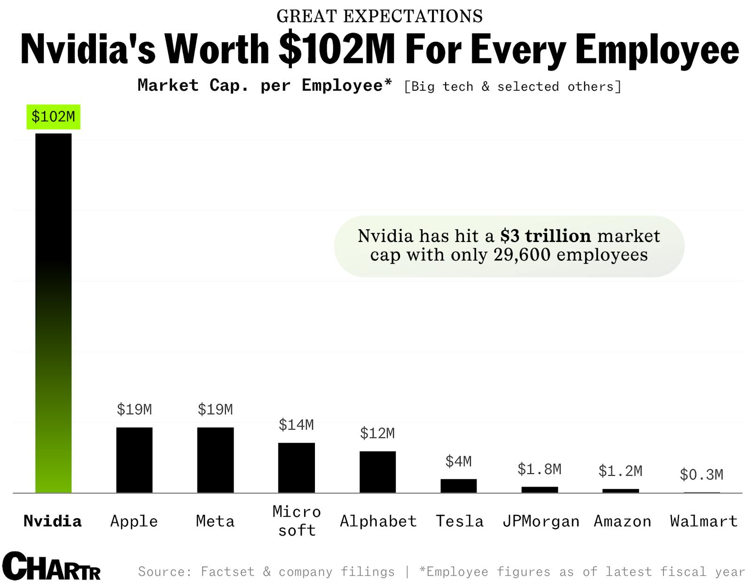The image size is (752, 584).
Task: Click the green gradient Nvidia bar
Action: tap(53, 312)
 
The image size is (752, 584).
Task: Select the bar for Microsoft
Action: tap(296, 467)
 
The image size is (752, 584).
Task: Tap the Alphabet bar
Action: tap(377, 472)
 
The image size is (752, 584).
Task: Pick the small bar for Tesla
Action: tap(458, 486)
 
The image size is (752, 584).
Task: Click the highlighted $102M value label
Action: tap(53, 117)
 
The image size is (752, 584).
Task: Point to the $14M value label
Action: tap(296, 425)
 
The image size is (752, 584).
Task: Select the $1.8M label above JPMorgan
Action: tap(539, 469)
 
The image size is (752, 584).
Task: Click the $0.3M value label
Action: tap(701, 475)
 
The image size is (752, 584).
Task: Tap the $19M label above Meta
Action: tap(215, 409)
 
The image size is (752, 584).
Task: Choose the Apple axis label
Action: tap(134, 521)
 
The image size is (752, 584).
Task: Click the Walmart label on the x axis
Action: tap(704, 521)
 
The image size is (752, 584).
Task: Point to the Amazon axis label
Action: tap(622, 521)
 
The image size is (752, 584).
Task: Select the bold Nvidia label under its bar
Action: tap(53, 521)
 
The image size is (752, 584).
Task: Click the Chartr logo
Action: tap(51, 566)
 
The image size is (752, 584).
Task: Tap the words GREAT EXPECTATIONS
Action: tap(379, 16)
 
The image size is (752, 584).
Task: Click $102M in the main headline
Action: tap(337, 49)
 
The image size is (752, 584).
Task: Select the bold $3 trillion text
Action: tap(545, 236)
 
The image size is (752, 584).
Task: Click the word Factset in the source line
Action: tap(227, 572)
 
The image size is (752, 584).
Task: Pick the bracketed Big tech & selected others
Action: tap(512, 86)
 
